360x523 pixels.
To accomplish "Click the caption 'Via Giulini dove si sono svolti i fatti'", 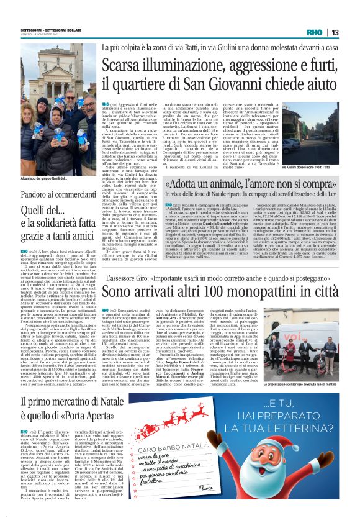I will (x=310, y=168).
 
